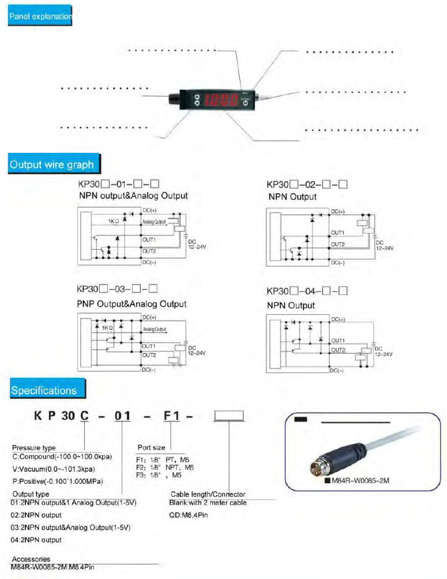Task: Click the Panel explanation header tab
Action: click(x=40, y=17)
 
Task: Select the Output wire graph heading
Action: click(x=51, y=164)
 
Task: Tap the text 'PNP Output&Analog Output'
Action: click(x=132, y=304)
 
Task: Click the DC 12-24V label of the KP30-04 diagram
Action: click(x=383, y=352)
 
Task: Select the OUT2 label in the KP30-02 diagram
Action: click(x=337, y=245)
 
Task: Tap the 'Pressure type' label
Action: click(x=33, y=448)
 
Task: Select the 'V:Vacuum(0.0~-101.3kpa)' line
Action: click(x=53, y=469)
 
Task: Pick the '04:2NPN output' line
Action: click(x=36, y=540)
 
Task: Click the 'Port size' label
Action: click(x=151, y=447)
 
